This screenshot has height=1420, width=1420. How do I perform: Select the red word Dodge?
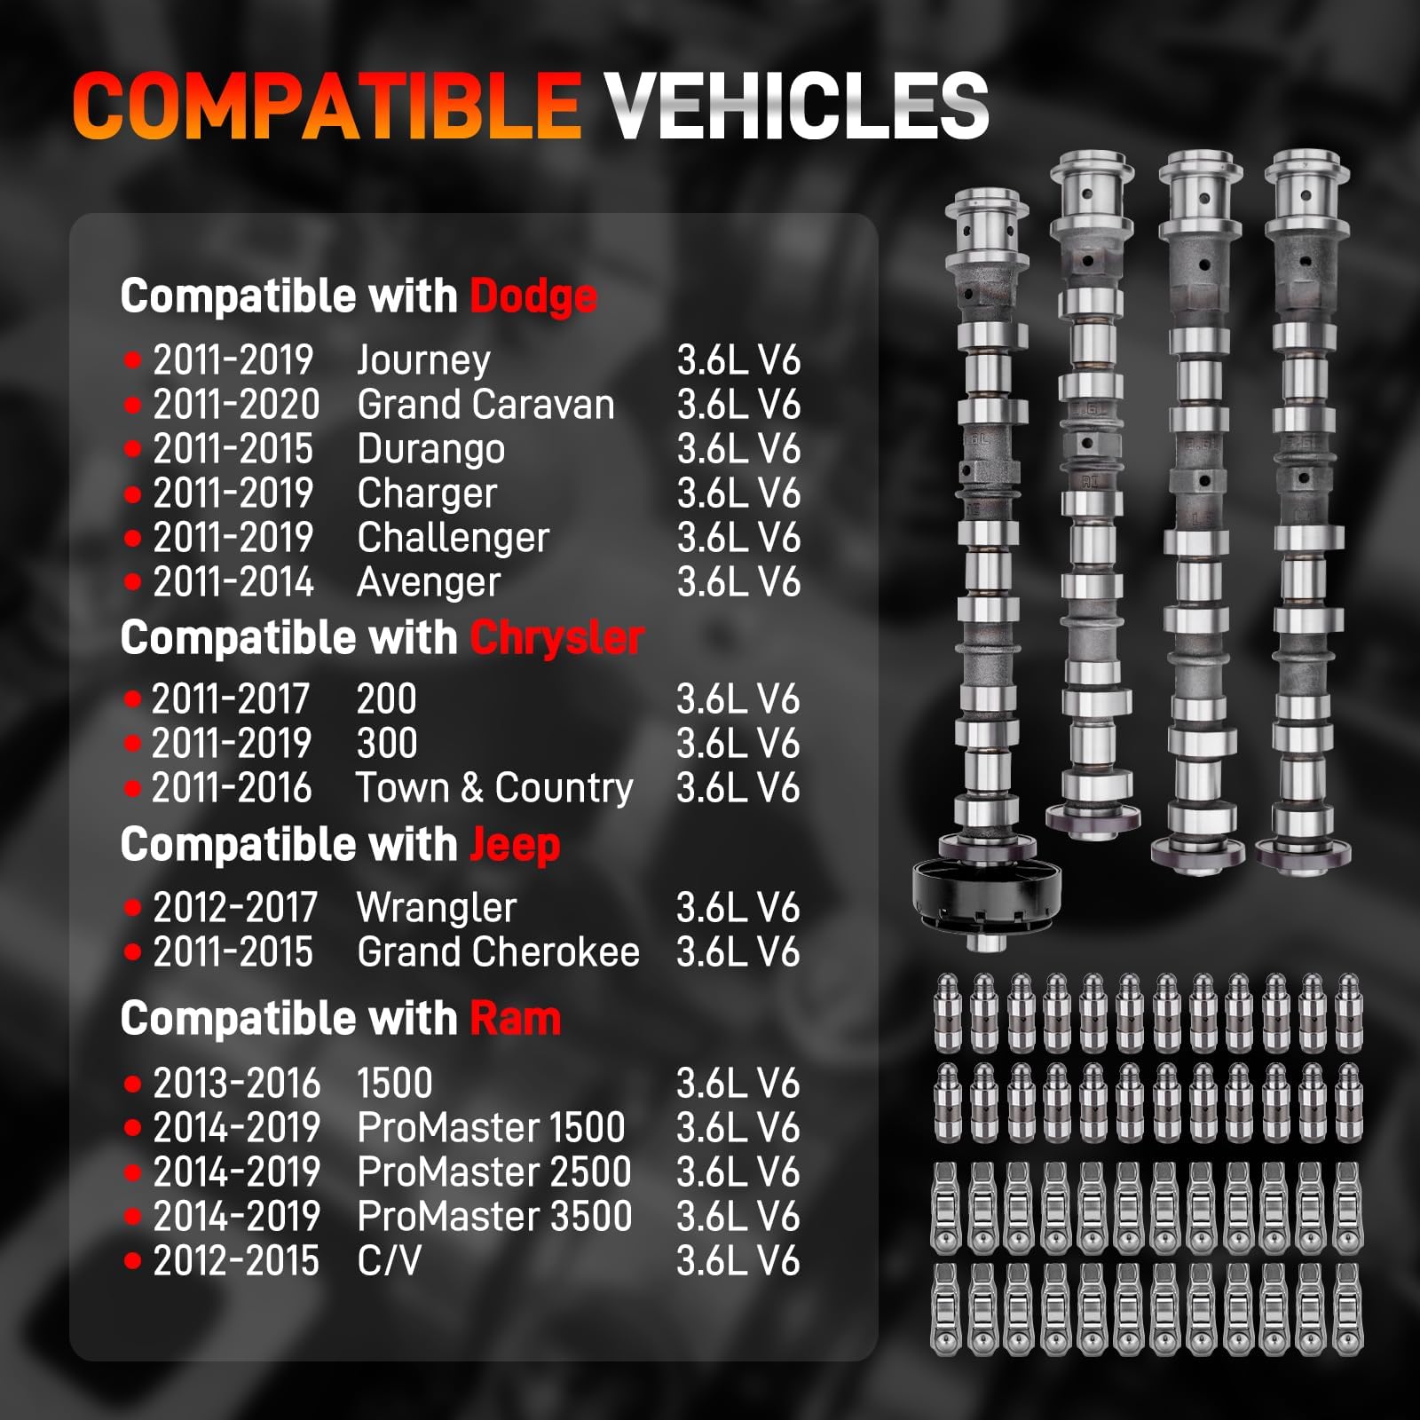533,296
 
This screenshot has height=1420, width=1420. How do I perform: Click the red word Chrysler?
556,638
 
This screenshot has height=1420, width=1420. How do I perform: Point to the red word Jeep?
515,845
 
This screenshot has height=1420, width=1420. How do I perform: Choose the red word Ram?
515,1019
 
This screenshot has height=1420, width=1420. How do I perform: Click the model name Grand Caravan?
485,405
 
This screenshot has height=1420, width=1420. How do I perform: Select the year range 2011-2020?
236,405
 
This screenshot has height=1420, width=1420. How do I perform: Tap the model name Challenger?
453,538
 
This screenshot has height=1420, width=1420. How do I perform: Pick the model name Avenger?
429,582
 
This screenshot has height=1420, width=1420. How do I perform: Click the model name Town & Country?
494,788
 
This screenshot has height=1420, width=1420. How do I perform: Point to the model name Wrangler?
436,908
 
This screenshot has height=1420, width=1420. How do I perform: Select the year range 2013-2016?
236,1084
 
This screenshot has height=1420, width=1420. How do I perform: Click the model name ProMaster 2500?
493,1172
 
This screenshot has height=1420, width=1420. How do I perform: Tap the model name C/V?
389,1261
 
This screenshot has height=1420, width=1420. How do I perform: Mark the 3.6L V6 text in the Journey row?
738,360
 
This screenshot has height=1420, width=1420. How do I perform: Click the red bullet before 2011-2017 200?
133,699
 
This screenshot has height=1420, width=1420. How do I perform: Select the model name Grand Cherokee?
498,952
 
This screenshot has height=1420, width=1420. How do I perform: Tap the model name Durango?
430,449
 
